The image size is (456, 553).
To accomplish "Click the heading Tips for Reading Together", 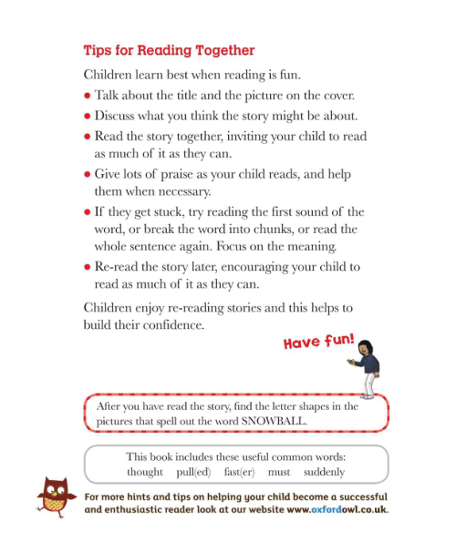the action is (169, 50).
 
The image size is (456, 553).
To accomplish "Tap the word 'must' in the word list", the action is (279, 472).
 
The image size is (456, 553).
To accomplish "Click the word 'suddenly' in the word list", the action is (324, 472).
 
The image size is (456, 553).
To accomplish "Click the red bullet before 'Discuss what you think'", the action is (87, 117).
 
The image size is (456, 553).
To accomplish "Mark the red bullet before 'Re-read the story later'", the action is (87, 268).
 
